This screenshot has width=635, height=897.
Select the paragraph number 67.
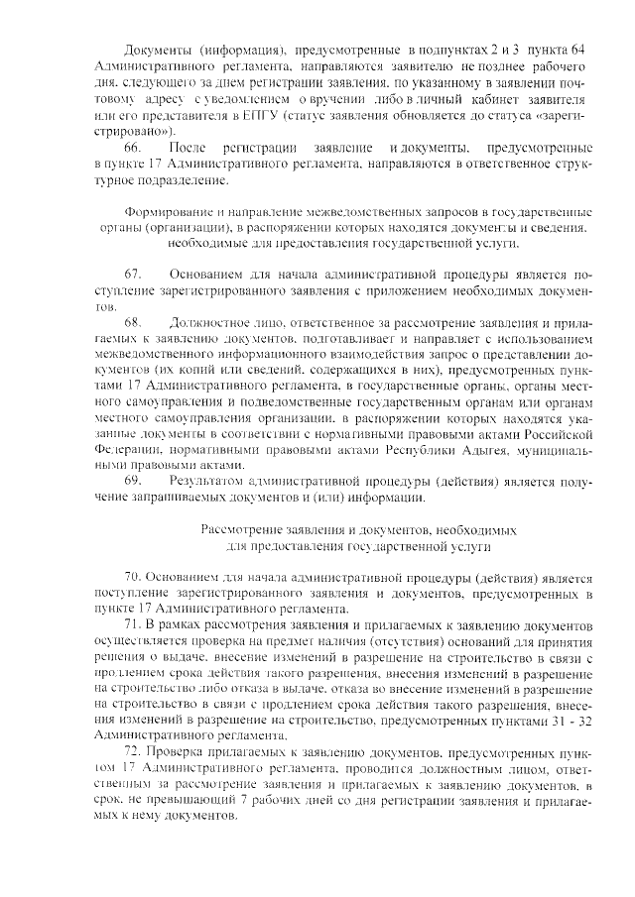[133, 274]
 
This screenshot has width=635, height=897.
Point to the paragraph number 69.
[133, 481]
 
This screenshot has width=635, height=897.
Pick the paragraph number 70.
[134, 577]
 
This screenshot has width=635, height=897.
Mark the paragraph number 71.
[134, 624]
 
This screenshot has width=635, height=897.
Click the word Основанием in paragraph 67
[206, 274]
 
